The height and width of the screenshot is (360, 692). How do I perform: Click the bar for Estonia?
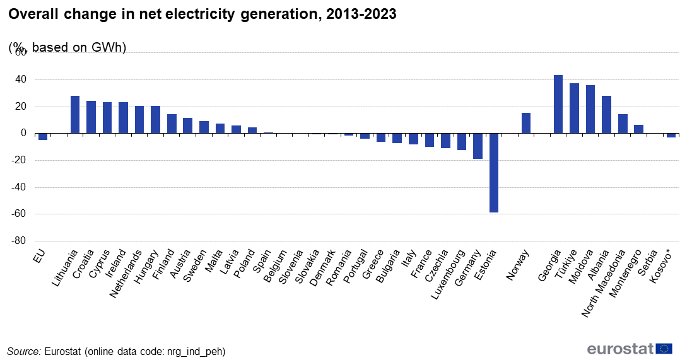(x=494, y=173)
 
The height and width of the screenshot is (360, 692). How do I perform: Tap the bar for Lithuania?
(x=75, y=114)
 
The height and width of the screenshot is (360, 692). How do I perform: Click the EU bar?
(x=43, y=136)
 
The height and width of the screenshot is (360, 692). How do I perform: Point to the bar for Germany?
(x=478, y=146)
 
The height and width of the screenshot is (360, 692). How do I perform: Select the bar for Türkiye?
(x=574, y=108)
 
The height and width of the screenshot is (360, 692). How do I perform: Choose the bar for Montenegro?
(x=638, y=129)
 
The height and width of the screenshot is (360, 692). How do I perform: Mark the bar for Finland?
(x=172, y=124)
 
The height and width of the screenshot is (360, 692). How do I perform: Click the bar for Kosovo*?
(x=671, y=135)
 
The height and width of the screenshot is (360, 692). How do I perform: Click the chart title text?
(x=202, y=15)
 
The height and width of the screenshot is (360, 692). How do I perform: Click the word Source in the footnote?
(x=23, y=351)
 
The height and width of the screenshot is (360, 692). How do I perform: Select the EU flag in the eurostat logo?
(x=664, y=349)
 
